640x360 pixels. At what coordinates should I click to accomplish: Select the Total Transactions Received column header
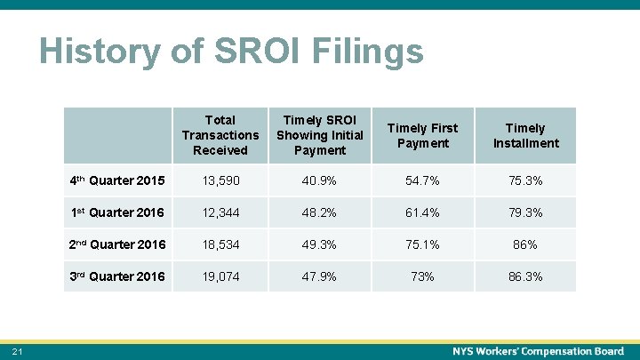[x=220, y=135]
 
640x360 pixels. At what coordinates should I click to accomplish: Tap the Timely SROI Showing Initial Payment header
[x=320, y=135]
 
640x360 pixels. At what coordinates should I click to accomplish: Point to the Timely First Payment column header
[x=423, y=135]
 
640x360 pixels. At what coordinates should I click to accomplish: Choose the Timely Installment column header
[x=526, y=135]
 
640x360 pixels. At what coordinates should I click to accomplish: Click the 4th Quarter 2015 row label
[x=116, y=180]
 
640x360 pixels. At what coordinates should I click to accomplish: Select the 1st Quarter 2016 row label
[x=116, y=212]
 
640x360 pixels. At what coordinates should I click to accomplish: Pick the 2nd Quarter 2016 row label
[x=116, y=244]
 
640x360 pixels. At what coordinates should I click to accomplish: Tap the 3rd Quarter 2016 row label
[x=116, y=276]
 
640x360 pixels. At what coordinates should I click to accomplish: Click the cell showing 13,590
[x=220, y=180]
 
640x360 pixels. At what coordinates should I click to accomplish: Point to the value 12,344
[x=220, y=212]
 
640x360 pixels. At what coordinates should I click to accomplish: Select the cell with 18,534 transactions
[x=220, y=244]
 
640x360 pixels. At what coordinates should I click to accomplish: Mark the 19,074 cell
[x=220, y=276]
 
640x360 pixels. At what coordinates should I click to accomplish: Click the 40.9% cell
[x=320, y=180]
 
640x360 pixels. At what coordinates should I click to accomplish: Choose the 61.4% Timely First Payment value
[x=423, y=212]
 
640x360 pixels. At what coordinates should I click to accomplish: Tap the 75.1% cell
[x=423, y=244]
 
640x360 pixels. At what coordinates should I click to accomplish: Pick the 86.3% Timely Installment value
[x=526, y=276]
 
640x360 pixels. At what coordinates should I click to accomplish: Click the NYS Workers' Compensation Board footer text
[x=538, y=352]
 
